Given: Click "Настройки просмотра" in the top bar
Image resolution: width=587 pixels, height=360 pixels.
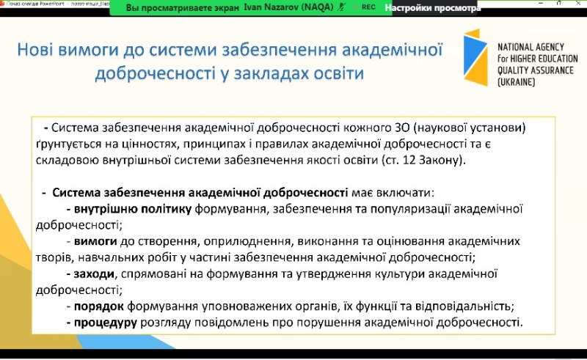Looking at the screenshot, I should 432,8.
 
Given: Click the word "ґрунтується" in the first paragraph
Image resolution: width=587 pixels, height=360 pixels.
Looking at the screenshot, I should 72,143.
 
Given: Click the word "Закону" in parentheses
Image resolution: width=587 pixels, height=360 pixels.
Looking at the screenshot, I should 442,158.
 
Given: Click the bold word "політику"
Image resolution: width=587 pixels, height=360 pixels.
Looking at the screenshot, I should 164,209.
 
